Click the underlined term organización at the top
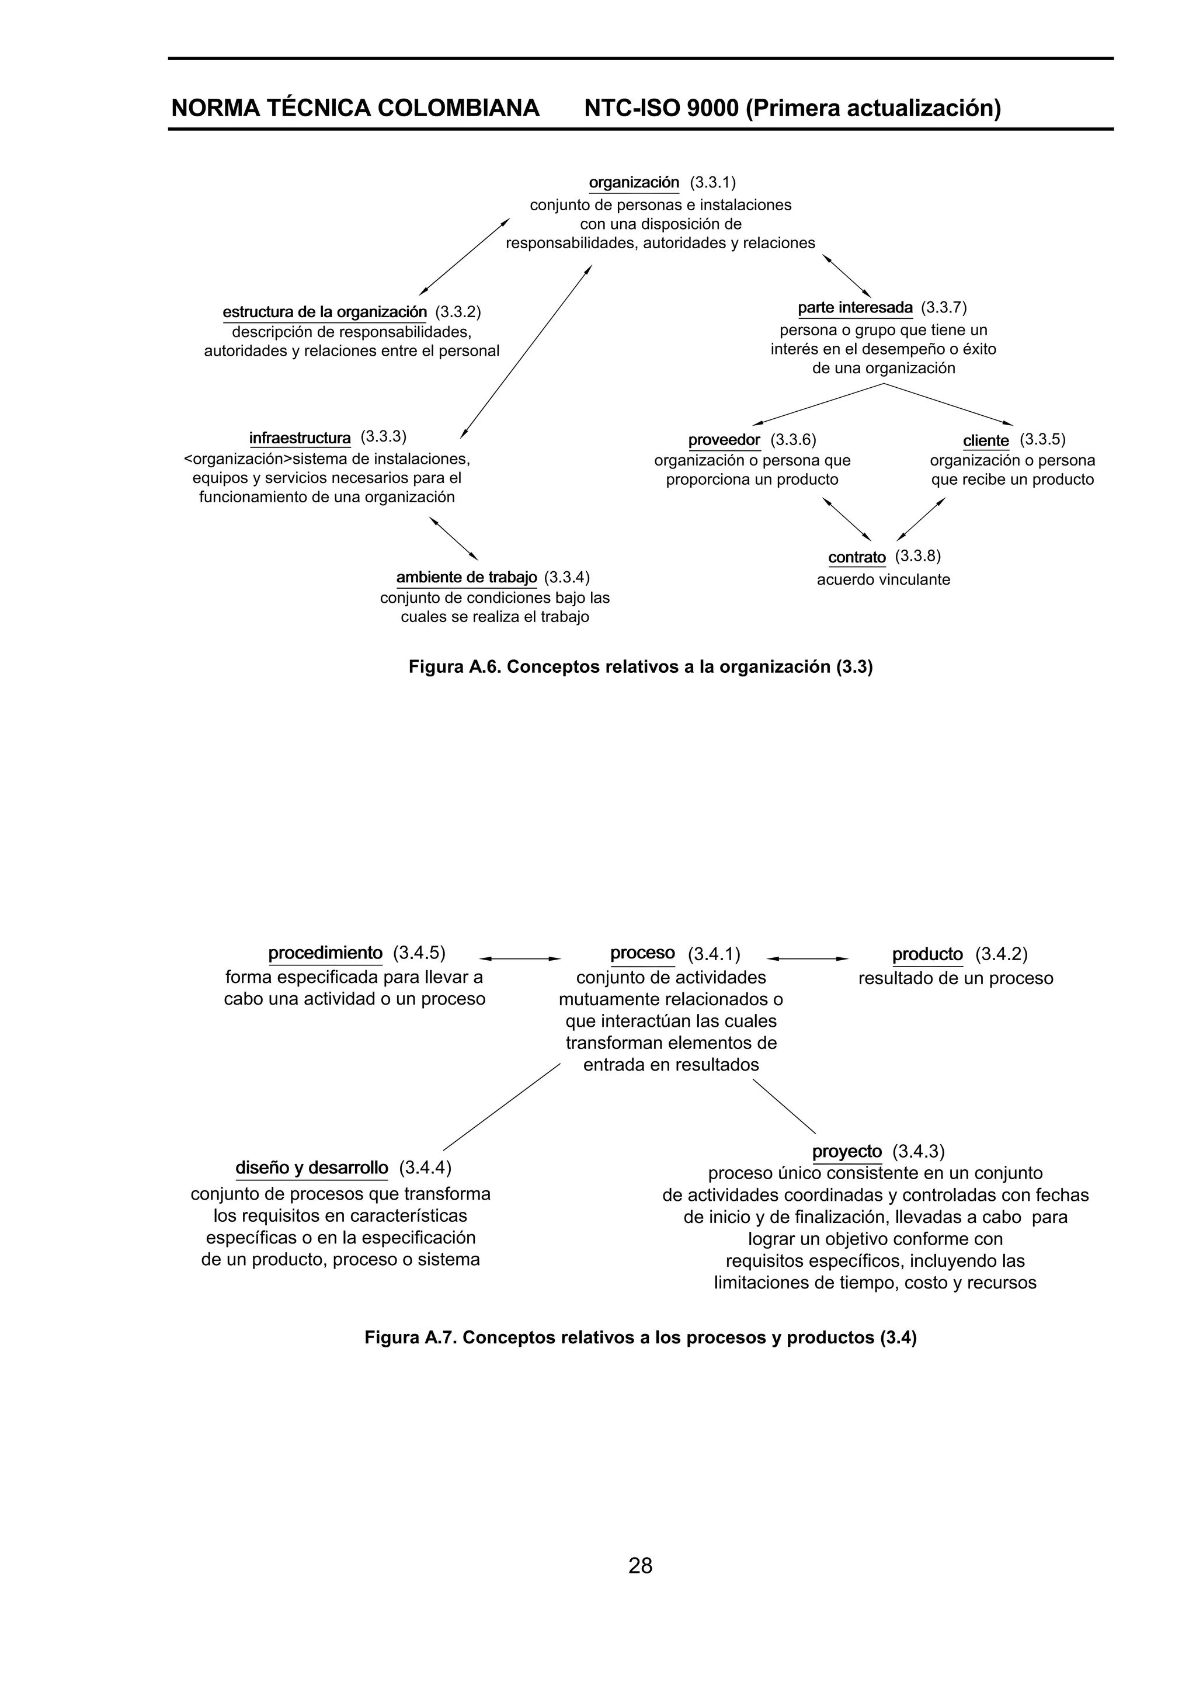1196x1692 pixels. pos(634,182)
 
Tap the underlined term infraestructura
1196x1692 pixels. pos(300,439)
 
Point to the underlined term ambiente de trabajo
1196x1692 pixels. pos(467,576)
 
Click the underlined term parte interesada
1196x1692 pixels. pos(855,307)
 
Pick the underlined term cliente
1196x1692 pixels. pos(985,441)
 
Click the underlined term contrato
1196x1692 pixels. pos(856,557)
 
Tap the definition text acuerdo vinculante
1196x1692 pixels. pos(883,580)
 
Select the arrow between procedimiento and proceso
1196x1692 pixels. pos(520,959)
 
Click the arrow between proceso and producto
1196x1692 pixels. pos(807,959)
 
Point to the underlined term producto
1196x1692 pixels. pos(927,955)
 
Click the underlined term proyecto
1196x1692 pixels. pos(847,1152)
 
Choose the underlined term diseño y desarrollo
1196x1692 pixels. pos(311,1168)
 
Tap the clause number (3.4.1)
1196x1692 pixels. pos(713,955)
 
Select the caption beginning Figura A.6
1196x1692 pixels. pos(641,667)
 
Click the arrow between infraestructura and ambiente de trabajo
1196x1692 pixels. pos(454,538)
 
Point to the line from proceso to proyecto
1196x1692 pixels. pos(783,1106)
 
